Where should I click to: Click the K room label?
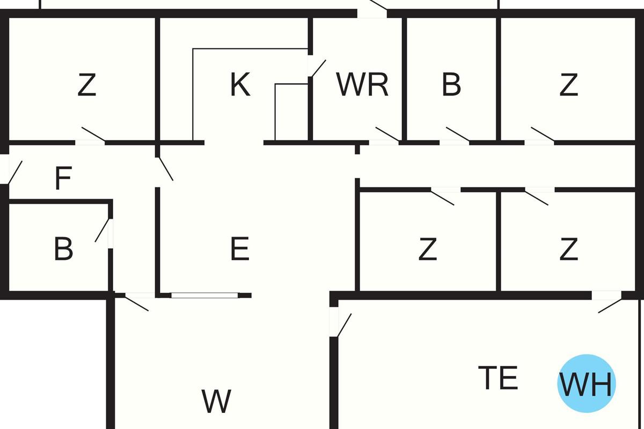point(240,85)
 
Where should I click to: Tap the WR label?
point(362,85)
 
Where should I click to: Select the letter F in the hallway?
point(63,179)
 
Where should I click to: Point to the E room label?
point(239,249)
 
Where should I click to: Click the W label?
point(217,401)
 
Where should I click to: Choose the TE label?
point(498,379)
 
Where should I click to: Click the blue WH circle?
point(586,384)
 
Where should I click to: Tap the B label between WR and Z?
point(451,85)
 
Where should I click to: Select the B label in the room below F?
point(63,249)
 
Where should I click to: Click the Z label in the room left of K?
point(86,85)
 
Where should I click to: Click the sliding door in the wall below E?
point(204,295)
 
